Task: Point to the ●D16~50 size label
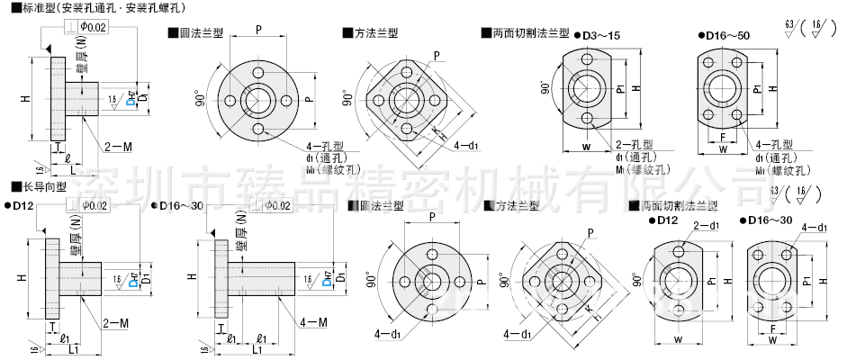[725, 34]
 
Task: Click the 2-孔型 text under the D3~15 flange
[634, 144]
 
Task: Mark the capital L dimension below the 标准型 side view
[72, 170]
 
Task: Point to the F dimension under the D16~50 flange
[724, 138]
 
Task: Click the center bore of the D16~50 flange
[725, 88]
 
